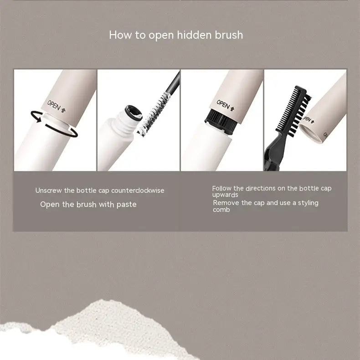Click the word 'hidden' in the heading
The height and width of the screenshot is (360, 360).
pyautogui.click(x=194, y=35)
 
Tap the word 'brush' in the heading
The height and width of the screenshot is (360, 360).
pyautogui.click(x=229, y=35)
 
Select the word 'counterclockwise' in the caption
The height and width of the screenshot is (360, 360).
pyautogui.click(x=138, y=190)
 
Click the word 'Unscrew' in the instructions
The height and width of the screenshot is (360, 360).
pyautogui.click(x=48, y=190)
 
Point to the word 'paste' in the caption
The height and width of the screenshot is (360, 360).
pyautogui.click(x=127, y=205)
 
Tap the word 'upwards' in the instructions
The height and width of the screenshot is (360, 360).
pyautogui.click(x=225, y=195)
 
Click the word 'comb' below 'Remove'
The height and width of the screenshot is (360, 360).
pyautogui.click(x=221, y=210)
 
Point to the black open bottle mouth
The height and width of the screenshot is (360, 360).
pyautogui.click(x=134, y=113)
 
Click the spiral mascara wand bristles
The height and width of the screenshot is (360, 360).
pyautogui.click(x=154, y=113)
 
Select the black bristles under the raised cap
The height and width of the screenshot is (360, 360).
pyautogui.click(x=221, y=121)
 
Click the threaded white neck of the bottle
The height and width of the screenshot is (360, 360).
pyautogui.click(x=123, y=128)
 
